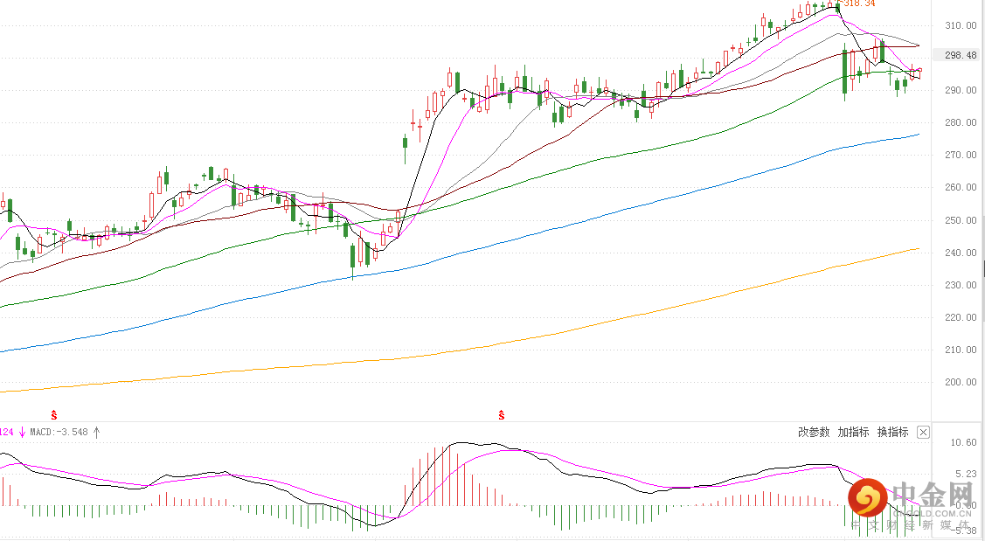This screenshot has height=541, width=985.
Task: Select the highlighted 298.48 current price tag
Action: (x=960, y=55)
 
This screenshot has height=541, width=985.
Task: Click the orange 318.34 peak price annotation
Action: (x=857, y=3)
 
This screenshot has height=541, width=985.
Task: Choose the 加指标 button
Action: (x=853, y=432)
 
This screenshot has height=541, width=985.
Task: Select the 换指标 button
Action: (x=892, y=432)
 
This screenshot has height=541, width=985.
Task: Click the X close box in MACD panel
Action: (x=923, y=432)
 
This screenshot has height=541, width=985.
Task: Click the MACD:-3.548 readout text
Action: (x=59, y=432)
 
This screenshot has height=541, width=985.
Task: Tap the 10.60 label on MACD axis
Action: (x=963, y=443)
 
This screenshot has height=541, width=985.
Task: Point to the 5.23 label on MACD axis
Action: (x=963, y=473)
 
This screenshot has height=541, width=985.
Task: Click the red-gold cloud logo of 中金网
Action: (x=865, y=499)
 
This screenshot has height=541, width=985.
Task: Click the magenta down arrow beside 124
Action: (x=22, y=432)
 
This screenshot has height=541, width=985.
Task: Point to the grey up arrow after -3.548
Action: (x=97, y=432)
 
